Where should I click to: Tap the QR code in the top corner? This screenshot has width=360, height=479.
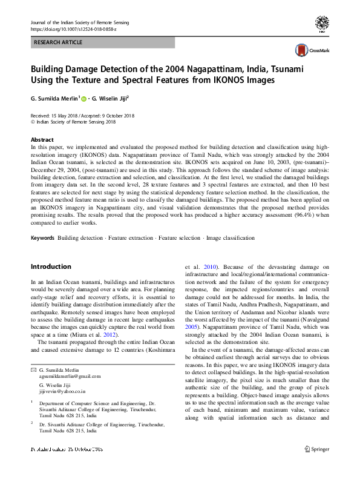pos(322,24)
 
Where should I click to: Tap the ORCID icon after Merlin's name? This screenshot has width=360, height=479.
pos(83,99)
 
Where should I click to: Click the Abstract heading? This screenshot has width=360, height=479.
pos(42,139)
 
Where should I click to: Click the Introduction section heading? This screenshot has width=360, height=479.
pos(51,266)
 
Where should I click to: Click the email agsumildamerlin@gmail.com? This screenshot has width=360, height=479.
pos(70,375)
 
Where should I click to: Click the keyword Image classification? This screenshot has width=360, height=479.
pos(231,239)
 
